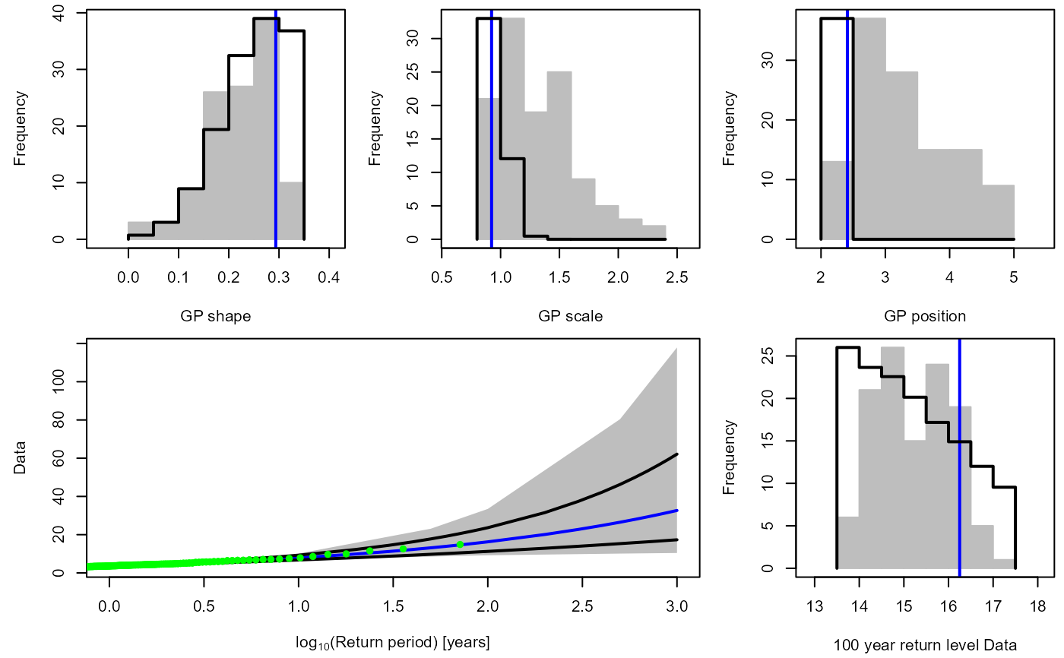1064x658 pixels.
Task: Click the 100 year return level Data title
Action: click(x=925, y=646)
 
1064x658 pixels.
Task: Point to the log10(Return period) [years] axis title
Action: click(x=393, y=643)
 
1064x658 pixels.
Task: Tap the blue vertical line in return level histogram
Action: click(x=960, y=456)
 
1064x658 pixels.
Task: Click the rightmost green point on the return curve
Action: click(x=460, y=544)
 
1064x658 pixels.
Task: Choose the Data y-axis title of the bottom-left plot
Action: click(x=20, y=457)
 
